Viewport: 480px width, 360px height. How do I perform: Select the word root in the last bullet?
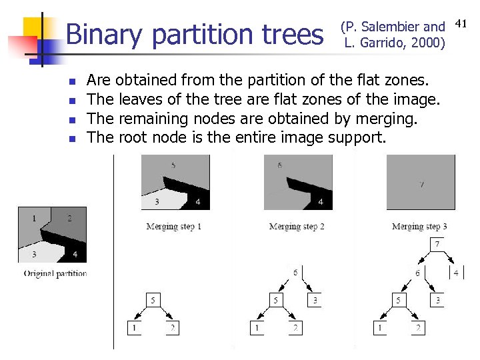click(x=133, y=138)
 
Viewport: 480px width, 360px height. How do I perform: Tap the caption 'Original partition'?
click(x=55, y=273)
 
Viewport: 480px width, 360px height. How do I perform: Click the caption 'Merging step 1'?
click(x=173, y=227)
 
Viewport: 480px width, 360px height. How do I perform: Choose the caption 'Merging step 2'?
click(x=297, y=227)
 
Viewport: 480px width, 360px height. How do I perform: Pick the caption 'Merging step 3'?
click(x=419, y=227)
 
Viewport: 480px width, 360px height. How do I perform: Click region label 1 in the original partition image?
click(x=34, y=218)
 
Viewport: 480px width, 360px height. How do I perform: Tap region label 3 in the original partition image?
click(x=33, y=254)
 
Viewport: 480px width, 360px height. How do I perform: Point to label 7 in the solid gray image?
click(x=421, y=183)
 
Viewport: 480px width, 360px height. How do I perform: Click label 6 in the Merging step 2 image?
click(x=279, y=164)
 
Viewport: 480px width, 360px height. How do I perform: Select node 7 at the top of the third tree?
click(x=437, y=244)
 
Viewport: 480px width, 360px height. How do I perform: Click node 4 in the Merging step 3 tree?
click(x=456, y=273)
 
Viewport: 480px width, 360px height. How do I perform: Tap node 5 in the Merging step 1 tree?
click(x=153, y=301)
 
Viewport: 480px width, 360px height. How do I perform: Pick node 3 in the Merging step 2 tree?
click(x=315, y=301)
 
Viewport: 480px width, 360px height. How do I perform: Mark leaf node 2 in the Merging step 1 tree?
click(x=172, y=328)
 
